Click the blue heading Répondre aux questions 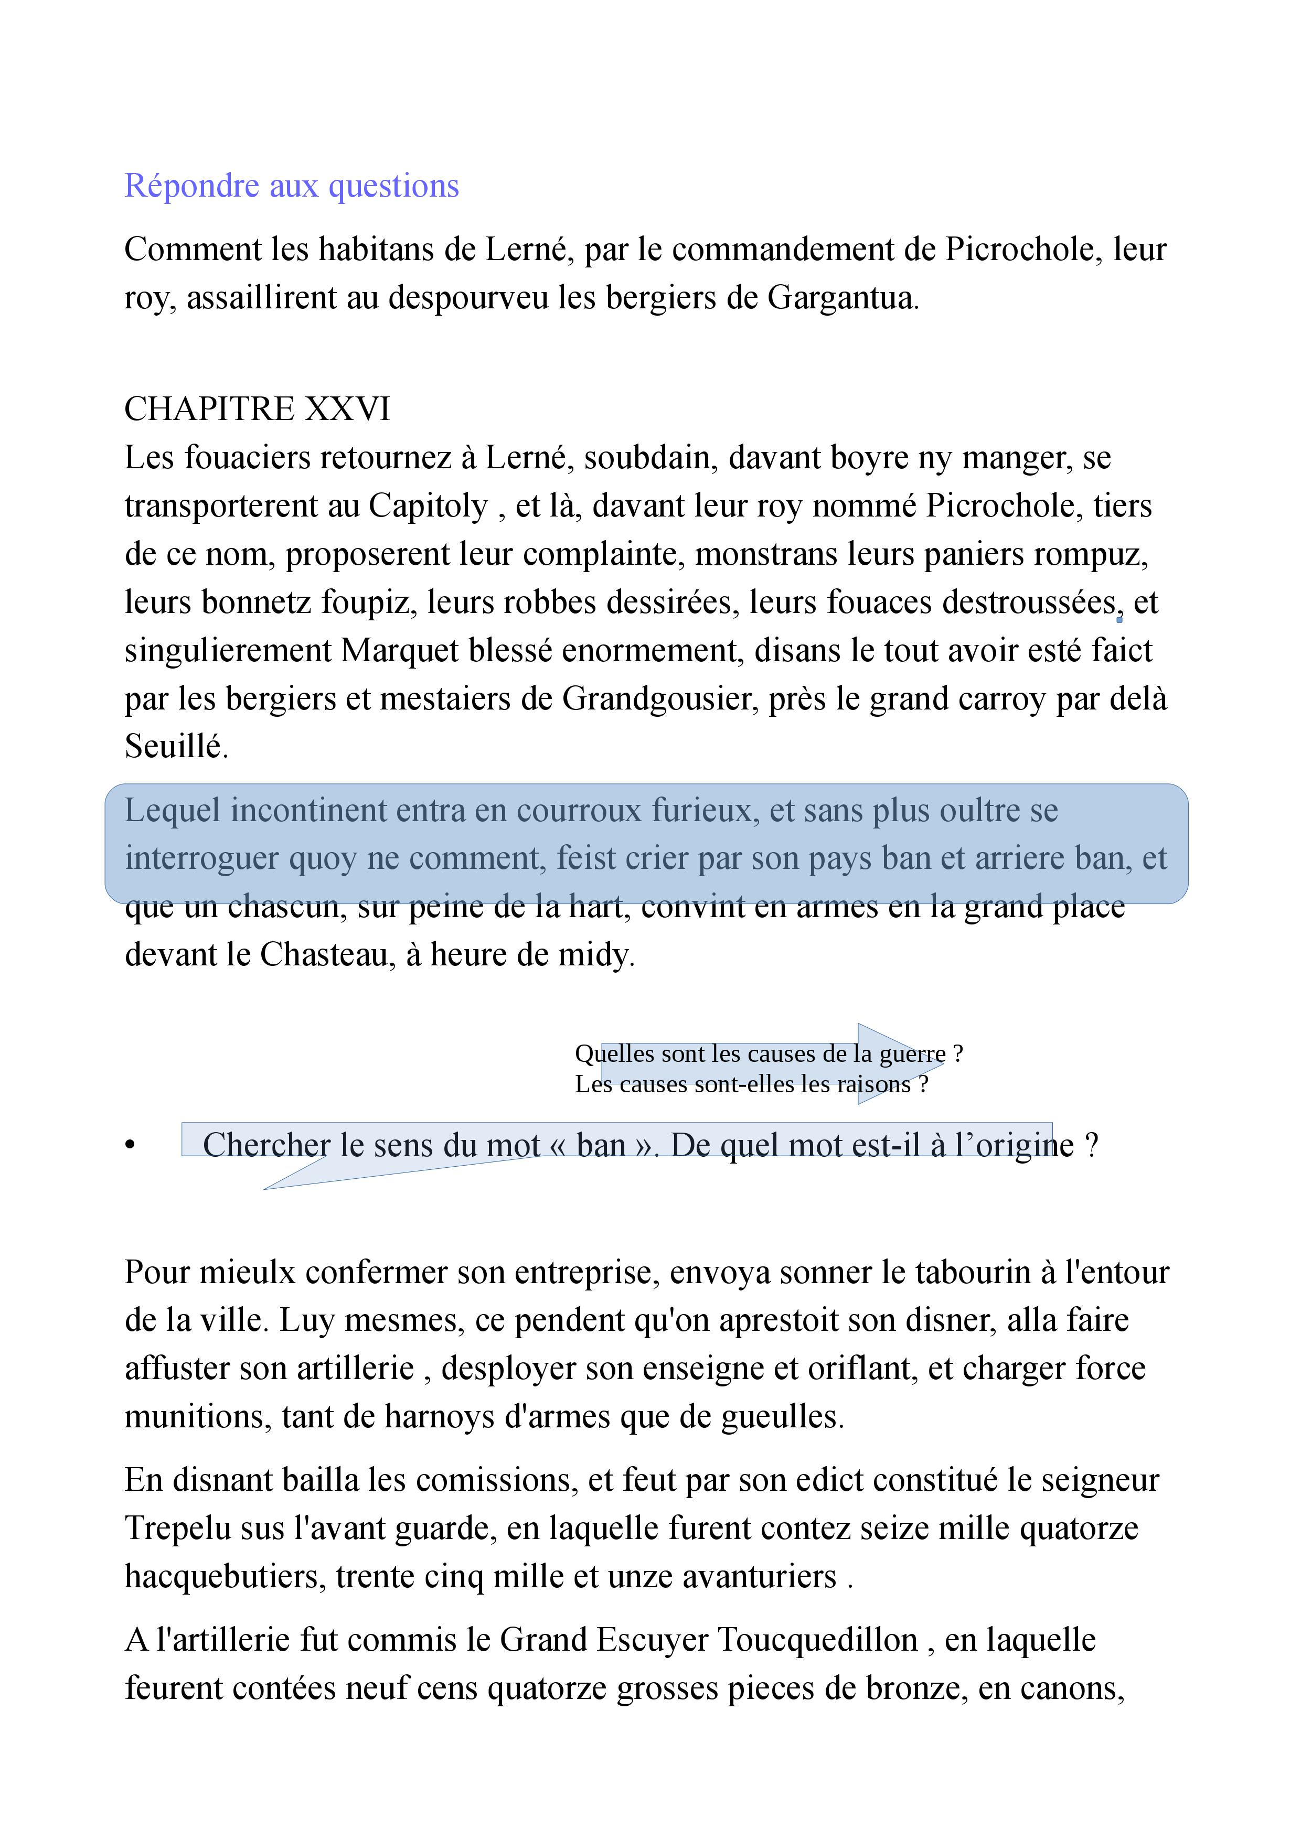tap(292, 186)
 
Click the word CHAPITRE tap(210, 410)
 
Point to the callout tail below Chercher tap(269, 1187)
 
